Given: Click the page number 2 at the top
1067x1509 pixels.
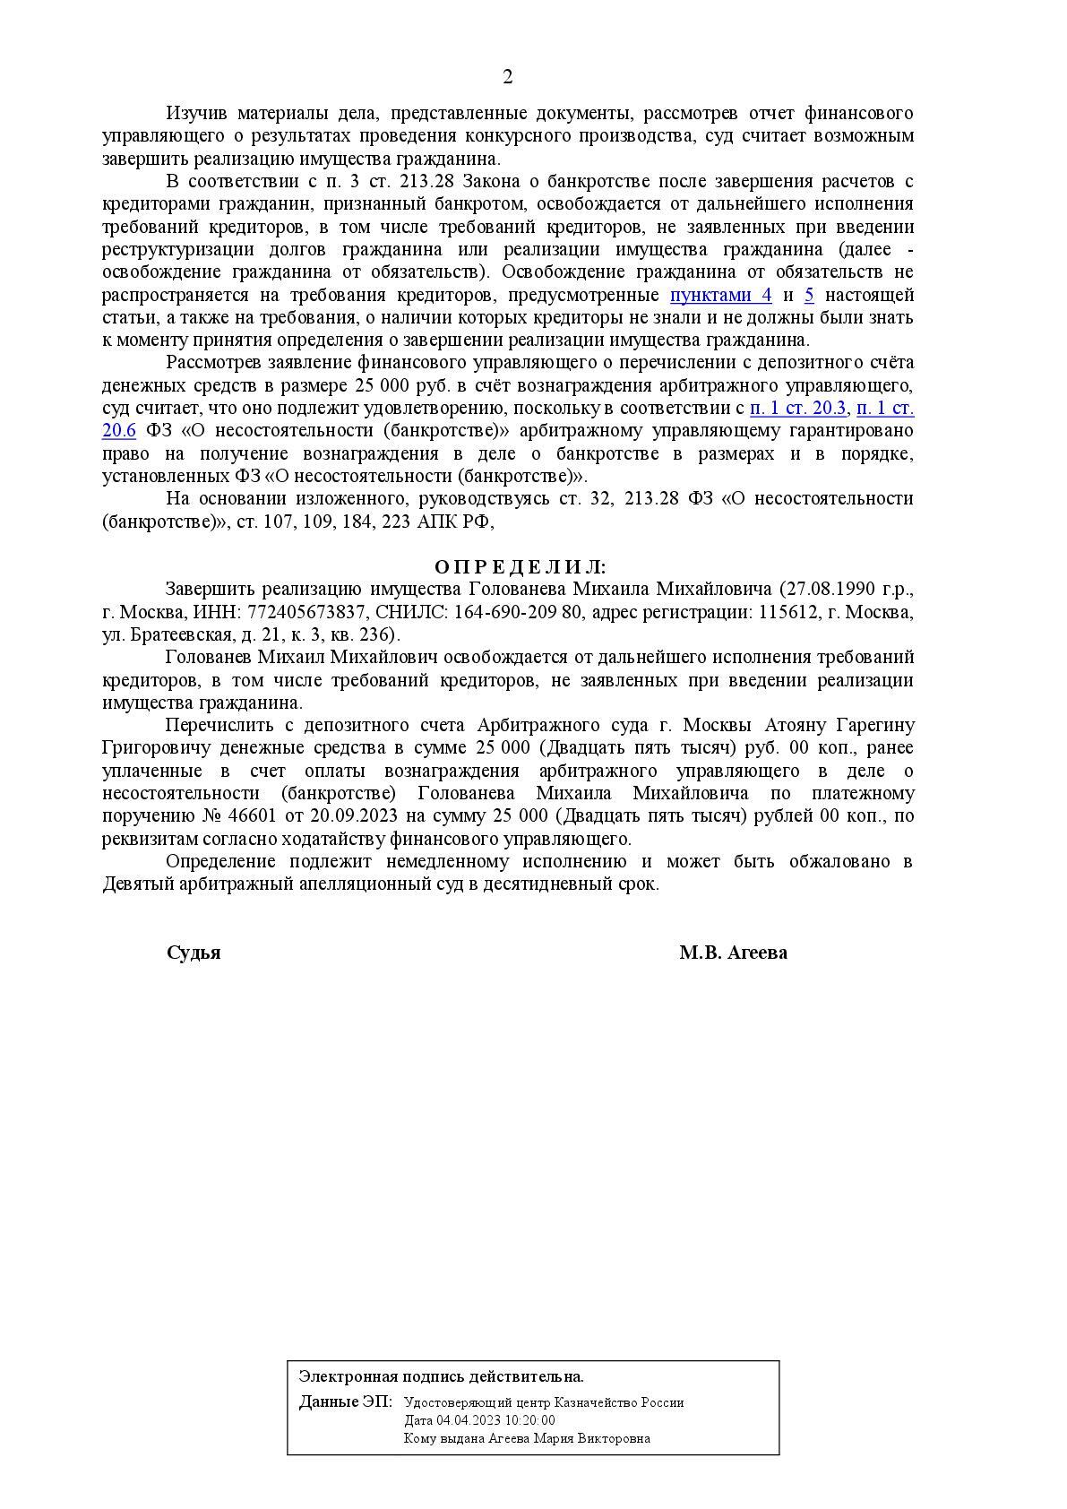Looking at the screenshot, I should [507, 77].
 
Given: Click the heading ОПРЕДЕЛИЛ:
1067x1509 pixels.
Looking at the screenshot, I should [520, 567].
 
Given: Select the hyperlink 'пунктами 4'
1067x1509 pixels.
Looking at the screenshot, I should [720, 296].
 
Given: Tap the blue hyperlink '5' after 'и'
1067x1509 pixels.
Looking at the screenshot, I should [809, 296].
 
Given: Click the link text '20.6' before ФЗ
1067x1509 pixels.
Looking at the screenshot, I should [119, 431].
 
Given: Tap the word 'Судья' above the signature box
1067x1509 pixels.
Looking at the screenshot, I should [194, 953].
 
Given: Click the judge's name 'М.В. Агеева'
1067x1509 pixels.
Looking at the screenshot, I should [733, 953].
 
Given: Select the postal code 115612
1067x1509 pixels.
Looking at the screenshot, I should [787, 613].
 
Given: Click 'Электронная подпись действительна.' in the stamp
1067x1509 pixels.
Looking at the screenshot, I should [441, 1376].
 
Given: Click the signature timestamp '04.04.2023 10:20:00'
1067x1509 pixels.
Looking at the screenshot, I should [495, 1420].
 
